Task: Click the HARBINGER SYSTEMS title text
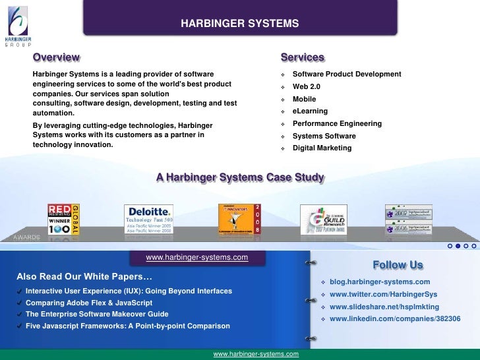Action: coord(240,24)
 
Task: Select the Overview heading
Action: coord(57,58)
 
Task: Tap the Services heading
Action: coord(302,58)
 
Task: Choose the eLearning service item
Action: coord(310,111)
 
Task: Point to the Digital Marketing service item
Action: coord(322,148)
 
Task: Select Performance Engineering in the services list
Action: coord(337,124)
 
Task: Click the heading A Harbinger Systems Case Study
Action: coord(240,178)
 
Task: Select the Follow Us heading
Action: coord(398,265)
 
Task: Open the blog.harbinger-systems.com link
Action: coord(380,282)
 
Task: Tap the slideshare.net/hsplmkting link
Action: coord(384,307)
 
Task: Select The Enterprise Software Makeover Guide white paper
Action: coord(97,314)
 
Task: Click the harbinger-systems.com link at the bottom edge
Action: coord(256,354)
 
